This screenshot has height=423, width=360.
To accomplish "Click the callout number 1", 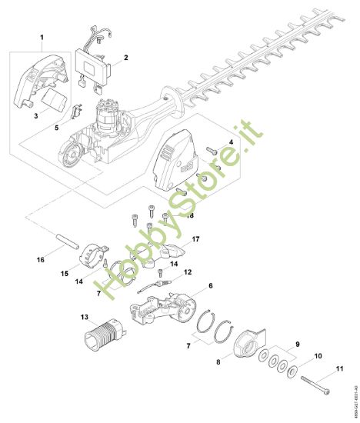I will [42, 36].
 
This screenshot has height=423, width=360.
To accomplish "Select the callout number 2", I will [125, 57].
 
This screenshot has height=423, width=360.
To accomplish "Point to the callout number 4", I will [230, 143].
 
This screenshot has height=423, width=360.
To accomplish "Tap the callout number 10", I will [317, 357].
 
